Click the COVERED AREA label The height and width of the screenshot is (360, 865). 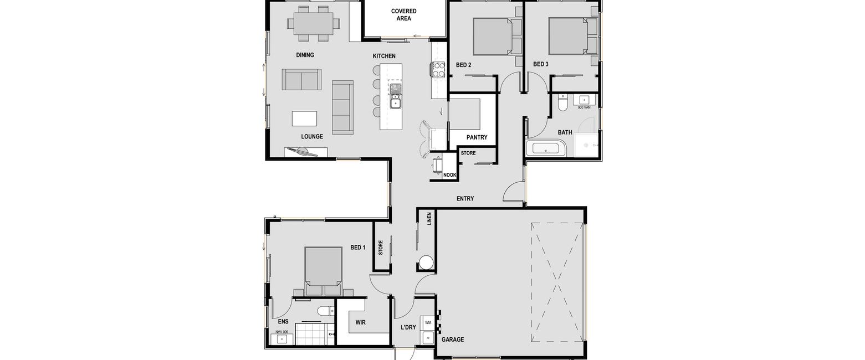[x=403, y=14]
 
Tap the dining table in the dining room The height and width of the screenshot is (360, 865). [x=313, y=23]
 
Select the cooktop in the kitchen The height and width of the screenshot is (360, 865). [x=438, y=70]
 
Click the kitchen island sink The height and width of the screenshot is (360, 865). [x=395, y=96]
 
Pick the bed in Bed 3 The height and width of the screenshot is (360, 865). [x=572, y=36]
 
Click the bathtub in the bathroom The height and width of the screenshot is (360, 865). [x=546, y=148]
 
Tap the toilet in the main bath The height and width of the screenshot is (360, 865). [x=562, y=102]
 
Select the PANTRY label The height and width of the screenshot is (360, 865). [x=477, y=137]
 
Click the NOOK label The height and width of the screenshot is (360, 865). [x=449, y=175]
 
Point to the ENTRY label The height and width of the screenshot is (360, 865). [x=465, y=199]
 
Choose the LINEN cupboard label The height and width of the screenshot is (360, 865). [x=429, y=219]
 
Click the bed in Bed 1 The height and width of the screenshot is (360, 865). [x=323, y=271]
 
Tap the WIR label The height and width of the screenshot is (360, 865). [x=360, y=322]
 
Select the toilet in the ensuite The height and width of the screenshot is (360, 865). [x=326, y=311]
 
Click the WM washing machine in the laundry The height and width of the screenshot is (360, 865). [x=428, y=322]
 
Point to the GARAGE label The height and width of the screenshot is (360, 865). [x=453, y=340]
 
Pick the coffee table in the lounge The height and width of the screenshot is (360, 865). [x=304, y=119]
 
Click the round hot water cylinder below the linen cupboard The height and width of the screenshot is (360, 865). [x=426, y=263]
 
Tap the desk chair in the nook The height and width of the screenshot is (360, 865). [x=437, y=164]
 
